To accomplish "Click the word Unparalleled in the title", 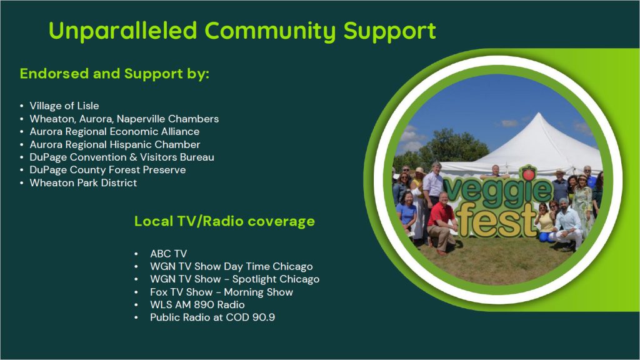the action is [123, 31].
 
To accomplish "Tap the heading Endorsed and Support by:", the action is [114, 74].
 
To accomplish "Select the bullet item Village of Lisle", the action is [64, 106].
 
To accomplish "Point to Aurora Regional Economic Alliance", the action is [114, 131].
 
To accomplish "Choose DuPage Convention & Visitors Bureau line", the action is [122, 157].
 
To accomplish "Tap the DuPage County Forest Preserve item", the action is [107, 170].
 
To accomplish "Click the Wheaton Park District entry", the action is [83, 182].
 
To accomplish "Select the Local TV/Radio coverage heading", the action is [224, 221].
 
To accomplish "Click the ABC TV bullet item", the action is [168, 254].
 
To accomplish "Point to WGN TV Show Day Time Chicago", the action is [231, 266].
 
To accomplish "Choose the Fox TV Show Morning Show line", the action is [221, 292].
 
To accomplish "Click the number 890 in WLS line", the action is [204, 305].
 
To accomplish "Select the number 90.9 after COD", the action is [264, 317].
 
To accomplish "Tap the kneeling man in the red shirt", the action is [442, 222].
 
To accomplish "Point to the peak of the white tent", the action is [539, 114].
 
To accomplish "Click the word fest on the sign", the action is [496, 220].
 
